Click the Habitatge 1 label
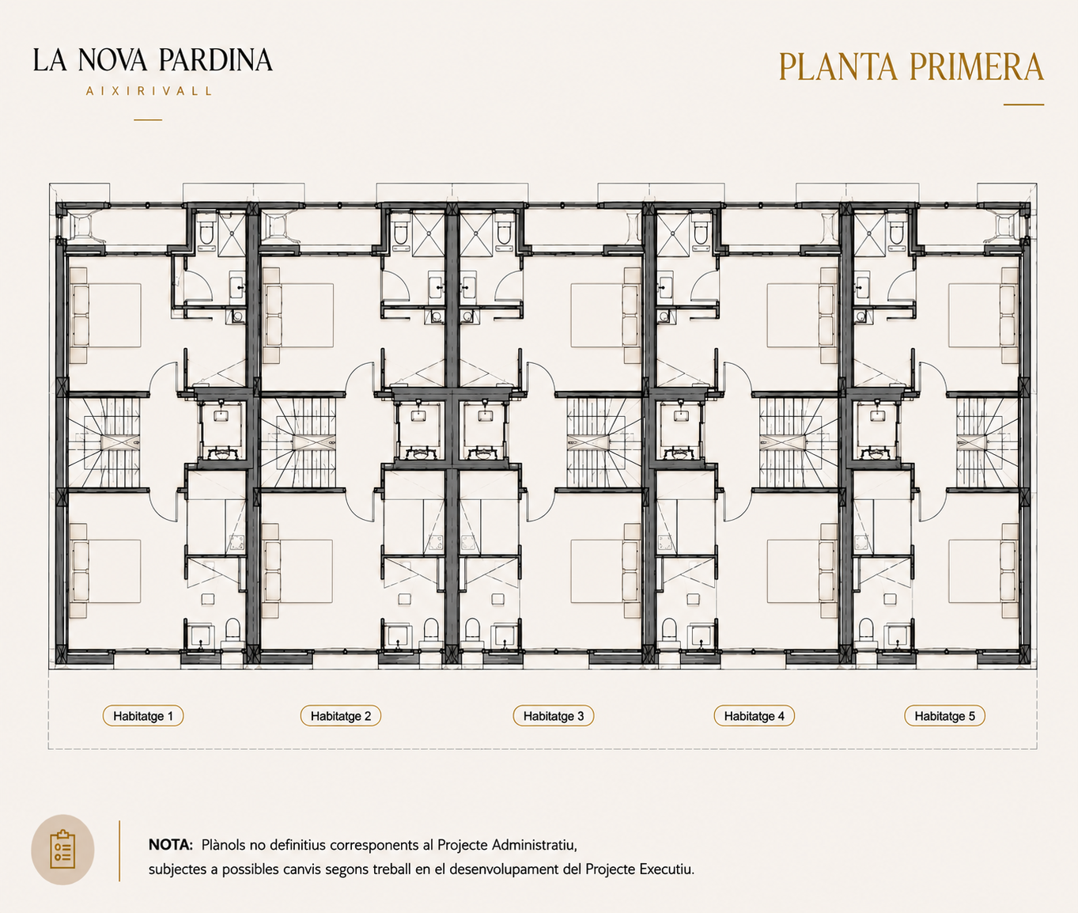click(143, 716)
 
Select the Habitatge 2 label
click(341, 716)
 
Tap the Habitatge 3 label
click(554, 716)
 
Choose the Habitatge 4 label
click(755, 716)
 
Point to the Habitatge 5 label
click(944, 716)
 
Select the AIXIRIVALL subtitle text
click(149, 91)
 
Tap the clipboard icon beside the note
click(62, 850)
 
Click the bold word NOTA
click(171, 845)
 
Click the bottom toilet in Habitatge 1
click(232, 632)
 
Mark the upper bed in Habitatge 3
click(606, 316)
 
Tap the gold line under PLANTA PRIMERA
click(1023, 104)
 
